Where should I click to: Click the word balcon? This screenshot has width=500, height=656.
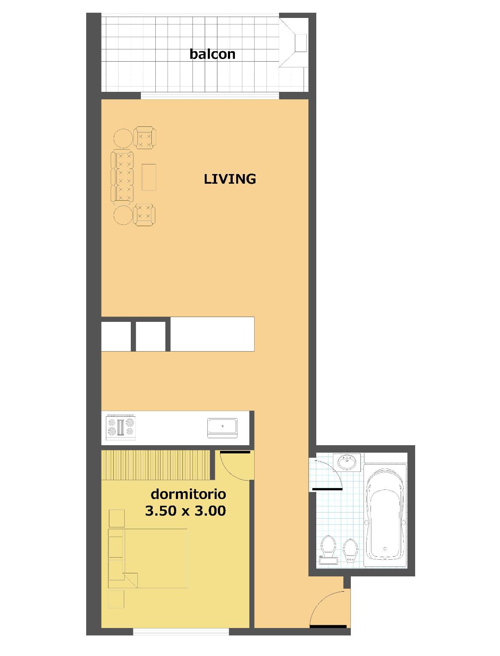[212, 54]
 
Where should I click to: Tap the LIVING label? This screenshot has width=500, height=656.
[230, 179]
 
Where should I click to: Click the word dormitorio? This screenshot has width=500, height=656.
[188, 494]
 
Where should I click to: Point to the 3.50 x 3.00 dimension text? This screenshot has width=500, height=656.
[185, 511]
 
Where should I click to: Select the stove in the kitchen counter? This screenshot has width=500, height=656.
[121, 427]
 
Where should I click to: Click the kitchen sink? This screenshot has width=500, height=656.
[222, 428]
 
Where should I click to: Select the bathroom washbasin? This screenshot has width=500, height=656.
[347, 462]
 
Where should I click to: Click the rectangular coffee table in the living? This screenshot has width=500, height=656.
[149, 177]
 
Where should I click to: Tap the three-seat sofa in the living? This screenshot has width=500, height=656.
[122, 177]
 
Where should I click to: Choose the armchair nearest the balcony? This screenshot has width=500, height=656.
[145, 137]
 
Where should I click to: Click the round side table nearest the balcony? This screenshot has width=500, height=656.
[123, 138]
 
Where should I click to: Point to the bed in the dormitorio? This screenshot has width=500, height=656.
[148, 558]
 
